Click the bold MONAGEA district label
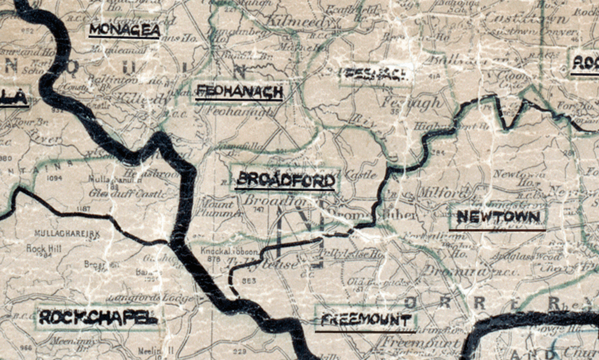pyautogui.click(x=124, y=30)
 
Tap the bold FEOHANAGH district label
pyautogui.click(x=240, y=91)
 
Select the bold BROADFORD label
pyautogui.click(x=286, y=181)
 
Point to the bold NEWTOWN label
pyautogui.click(x=498, y=217)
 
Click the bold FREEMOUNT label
pyautogui.click(x=366, y=320)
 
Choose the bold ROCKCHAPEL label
pyautogui.click(x=98, y=317)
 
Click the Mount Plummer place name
pyautogui.click(x=216, y=209)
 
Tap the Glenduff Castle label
pyautogui.click(x=126, y=194)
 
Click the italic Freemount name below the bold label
pyautogui.click(x=420, y=344)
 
